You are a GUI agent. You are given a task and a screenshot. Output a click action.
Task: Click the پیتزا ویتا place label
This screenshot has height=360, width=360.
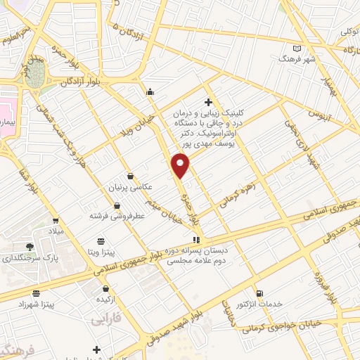pyautogui.click(x=101, y=251)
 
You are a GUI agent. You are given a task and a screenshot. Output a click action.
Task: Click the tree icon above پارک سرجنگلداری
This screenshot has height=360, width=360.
pyautogui.click(x=30, y=246)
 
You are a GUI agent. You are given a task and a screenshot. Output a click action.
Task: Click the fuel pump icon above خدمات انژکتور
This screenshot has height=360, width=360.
pyautogui.click(x=260, y=292)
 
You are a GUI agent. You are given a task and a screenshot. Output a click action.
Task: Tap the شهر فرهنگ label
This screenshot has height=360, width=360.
pyautogui.click(x=297, y=59)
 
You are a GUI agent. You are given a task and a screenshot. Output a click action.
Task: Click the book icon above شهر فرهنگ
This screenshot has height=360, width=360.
pyautogui.click(x=297, y=48)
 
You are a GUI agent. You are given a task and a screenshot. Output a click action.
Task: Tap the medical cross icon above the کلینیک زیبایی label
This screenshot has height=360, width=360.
pyautogui.click(x=209, y=102)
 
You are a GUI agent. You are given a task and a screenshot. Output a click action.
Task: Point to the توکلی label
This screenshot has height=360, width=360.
pyautogui.click(x=349, y=32)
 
